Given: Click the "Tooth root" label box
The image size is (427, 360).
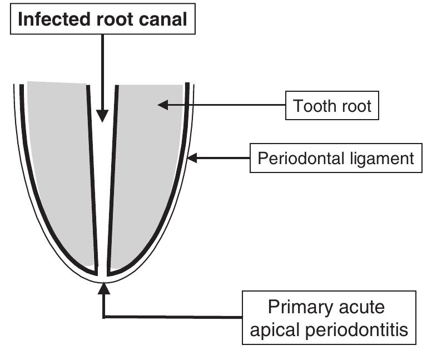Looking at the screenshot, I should pos(332,105).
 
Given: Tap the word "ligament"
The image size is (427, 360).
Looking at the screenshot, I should pos(385,159).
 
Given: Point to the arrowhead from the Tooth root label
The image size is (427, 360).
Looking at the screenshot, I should pos(163,104).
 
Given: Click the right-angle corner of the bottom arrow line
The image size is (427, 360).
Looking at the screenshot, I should pos(103,317).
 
